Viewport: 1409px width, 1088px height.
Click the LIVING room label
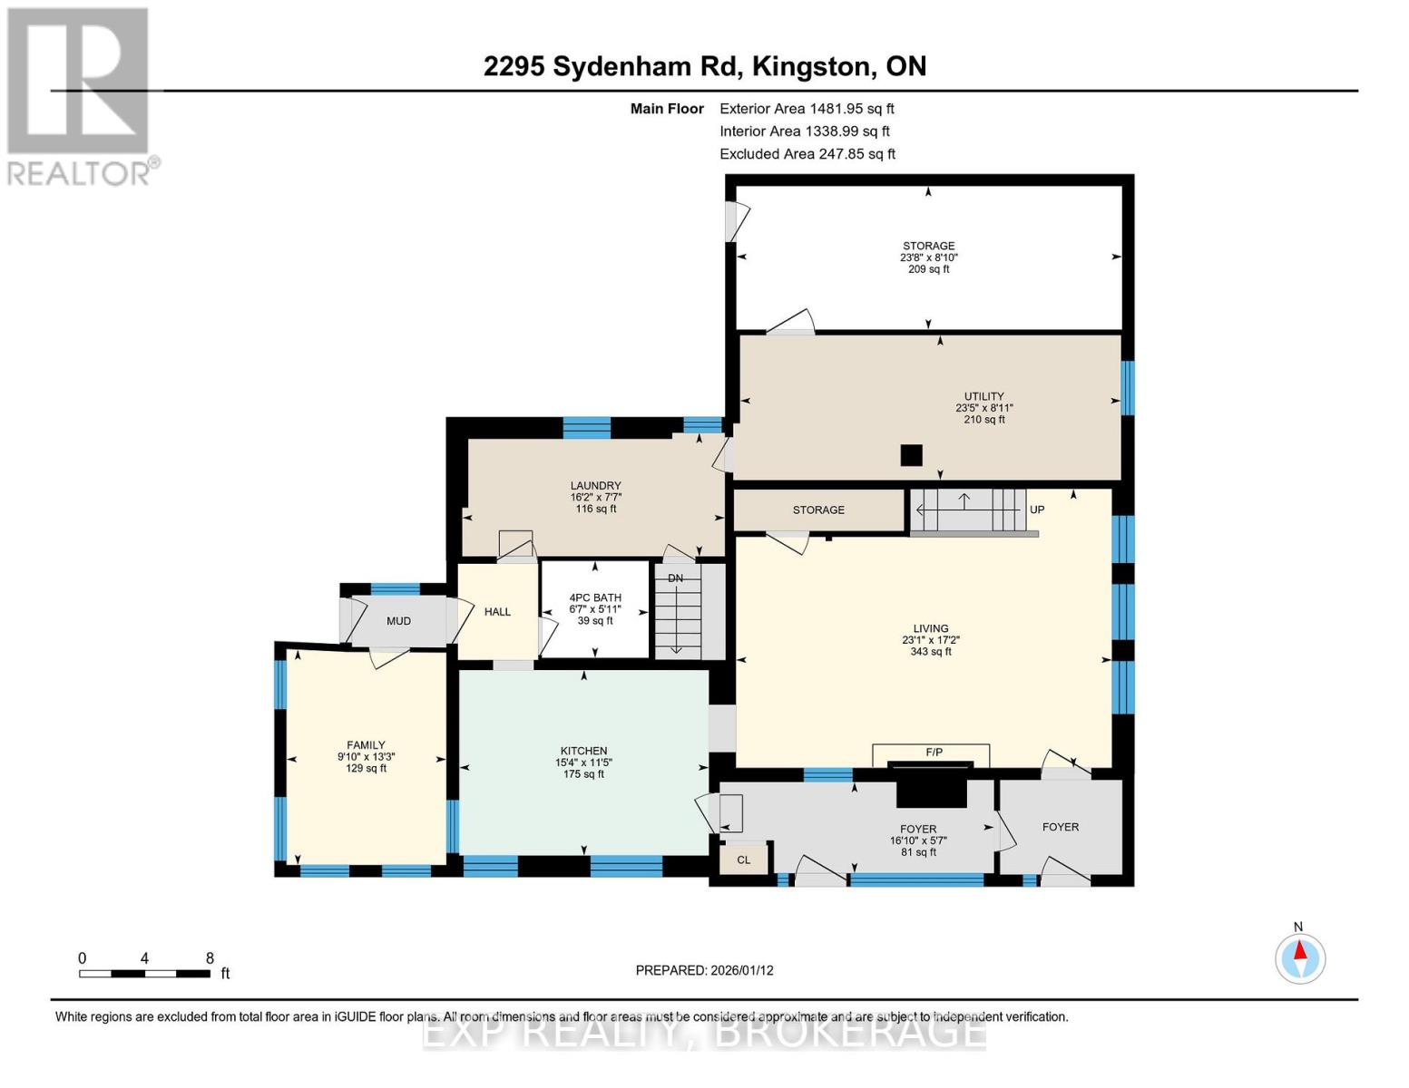[930, 628]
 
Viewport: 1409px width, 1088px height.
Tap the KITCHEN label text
[583, 751]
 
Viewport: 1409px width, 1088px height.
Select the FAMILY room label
[366, 745]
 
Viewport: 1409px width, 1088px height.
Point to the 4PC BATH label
[595, 598]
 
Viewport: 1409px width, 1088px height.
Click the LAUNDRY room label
[595, 486]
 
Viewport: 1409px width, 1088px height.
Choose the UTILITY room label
[983, 396]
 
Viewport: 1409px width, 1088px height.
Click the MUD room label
[398, 621]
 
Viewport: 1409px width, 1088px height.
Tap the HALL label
[497, 612]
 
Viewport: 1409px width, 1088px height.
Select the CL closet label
[743, 860]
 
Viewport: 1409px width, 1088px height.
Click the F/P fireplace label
[934, 753]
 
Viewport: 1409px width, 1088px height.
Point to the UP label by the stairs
[1037, 510]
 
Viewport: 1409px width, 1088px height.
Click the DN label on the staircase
[675, 578]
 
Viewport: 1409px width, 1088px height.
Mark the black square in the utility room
[911, 455]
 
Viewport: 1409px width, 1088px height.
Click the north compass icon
[1300, 957]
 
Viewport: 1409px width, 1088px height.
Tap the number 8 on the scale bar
[210, 958]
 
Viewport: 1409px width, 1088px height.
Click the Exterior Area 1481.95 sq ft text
[807, 109]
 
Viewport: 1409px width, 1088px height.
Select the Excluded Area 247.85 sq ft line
[807, 154]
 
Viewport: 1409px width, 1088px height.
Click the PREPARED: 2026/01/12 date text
[704, 970]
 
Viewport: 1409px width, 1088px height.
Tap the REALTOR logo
[79, 95]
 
